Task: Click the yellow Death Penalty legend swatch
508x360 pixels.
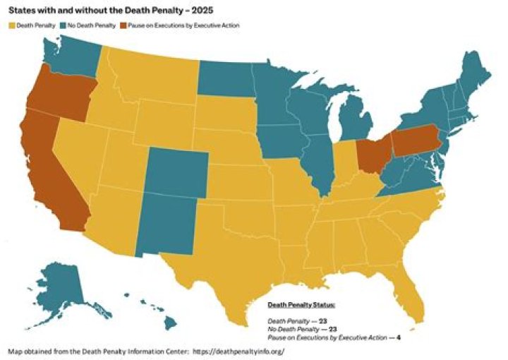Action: pyautogui.click(x=11, y=25)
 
